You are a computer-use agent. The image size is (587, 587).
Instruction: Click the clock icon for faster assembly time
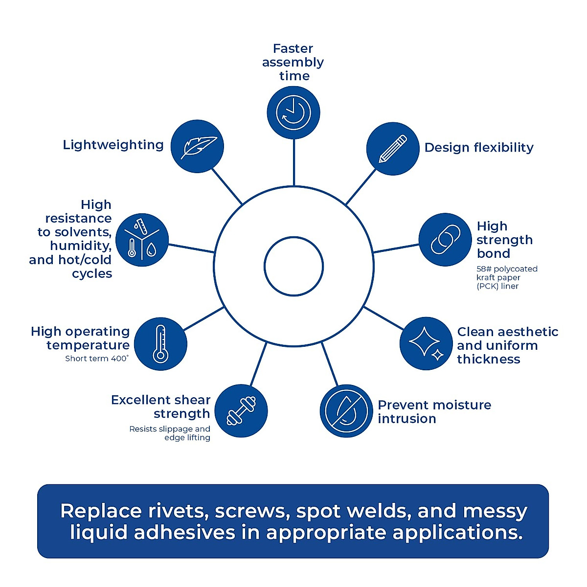point(293,113)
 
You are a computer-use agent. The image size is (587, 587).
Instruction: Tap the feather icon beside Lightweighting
point(197,146)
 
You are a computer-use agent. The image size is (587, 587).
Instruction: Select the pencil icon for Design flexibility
point(393,149)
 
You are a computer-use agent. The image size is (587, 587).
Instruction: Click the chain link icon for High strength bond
point(445,239)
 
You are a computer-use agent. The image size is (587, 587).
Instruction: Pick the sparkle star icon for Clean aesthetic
point(426,343)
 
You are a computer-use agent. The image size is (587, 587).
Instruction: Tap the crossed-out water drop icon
point(346,411)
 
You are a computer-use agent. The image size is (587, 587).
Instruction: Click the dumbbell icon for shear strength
point(241,410)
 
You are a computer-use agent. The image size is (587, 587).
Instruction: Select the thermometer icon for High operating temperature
point(160,344)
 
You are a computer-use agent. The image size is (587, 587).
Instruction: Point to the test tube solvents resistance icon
point(142,240)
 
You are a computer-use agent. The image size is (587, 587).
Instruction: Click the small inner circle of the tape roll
point(293,266)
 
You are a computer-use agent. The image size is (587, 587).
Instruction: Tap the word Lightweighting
point(113,145)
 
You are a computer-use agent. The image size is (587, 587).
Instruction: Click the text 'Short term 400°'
point(97,359)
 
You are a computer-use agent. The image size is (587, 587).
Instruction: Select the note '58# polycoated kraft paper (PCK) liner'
point(507,277)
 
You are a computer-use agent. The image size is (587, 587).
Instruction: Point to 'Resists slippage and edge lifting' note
point(170,433)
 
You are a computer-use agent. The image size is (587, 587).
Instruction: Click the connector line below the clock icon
point(293,162)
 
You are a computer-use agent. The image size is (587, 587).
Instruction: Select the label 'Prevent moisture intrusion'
point(434,412)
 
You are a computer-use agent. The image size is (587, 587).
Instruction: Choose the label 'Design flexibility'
point(479,148)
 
